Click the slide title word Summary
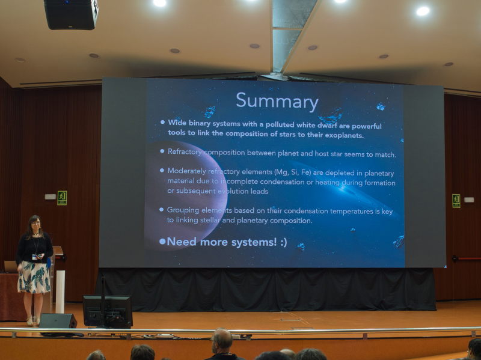coord(277,101)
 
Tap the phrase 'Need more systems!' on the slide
coord(222,242)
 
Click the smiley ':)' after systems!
coord(283,243)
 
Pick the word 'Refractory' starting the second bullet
coord(185,152)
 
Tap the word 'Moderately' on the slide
coord(186,171)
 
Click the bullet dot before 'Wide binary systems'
coord(162,122)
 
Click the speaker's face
coord(35,224)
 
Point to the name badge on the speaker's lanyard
coord(35,257)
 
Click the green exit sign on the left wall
coord(62,198)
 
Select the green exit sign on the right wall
coord(456,201)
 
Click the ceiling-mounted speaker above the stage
coord(71,14)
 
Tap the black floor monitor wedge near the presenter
coord(58,321)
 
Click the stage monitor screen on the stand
coord(108,311)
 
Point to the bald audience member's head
coord(222,340)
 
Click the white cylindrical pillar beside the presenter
coord(60,291)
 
